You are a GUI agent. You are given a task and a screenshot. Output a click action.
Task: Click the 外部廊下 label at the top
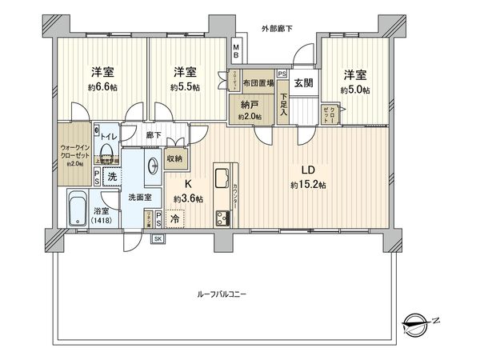tap(277, 30)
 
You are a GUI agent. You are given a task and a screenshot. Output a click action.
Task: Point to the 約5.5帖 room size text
tap(184, 86)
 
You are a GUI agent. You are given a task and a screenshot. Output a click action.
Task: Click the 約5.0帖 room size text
tap(354, 90)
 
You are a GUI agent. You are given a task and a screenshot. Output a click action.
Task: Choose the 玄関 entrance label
tap(302, 82)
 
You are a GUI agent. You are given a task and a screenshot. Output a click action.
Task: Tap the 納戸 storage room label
tap(250, 104)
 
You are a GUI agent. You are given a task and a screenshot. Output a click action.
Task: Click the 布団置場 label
tap(259, 82)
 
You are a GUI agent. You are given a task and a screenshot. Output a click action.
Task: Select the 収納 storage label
tap(174, 158)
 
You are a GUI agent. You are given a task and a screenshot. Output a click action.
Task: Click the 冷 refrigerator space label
tap(174, 216)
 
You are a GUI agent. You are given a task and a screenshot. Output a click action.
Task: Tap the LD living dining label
tap(307, 170)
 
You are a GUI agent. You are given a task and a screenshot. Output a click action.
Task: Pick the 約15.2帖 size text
tap(307, 185)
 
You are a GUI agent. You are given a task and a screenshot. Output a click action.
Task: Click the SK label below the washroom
tap(158, 239)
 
